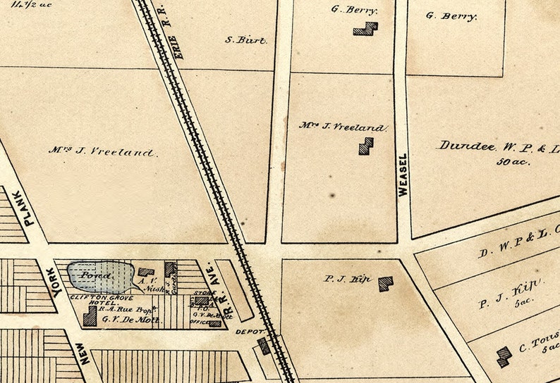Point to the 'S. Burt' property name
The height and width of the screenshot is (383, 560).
[246, 40]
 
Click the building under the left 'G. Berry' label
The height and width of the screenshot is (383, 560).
[365, 29]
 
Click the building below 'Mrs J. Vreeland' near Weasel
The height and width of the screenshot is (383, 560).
[365, 146]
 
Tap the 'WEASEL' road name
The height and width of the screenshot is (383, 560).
[403, 175]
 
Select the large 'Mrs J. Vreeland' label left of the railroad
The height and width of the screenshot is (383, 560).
[103, 151]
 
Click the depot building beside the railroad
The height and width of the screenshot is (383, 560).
[263, 345]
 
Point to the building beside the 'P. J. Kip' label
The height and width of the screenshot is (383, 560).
[385, 284]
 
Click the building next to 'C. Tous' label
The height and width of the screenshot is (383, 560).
[504, 356]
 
